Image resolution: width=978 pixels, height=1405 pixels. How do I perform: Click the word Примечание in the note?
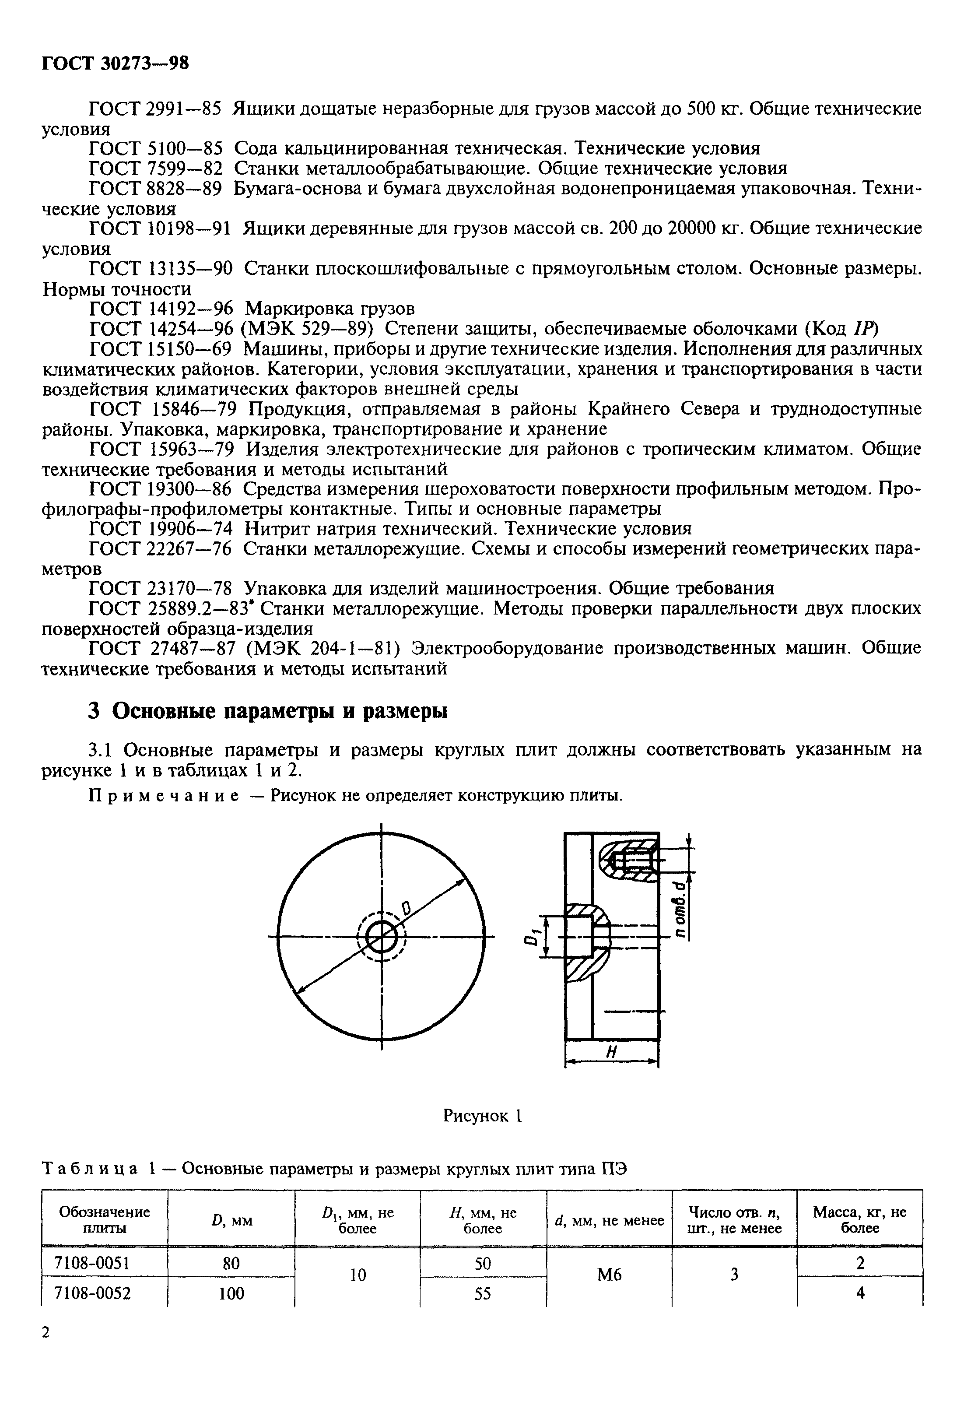pos(164,796)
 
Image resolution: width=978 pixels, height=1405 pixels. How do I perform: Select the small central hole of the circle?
pos(382,936)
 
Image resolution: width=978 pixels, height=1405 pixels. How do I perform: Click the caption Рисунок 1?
pos(482,1116)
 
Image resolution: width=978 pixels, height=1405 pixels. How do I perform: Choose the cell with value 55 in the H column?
pos(483,1293)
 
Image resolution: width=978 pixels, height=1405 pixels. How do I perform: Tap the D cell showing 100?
pos(231,1293)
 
